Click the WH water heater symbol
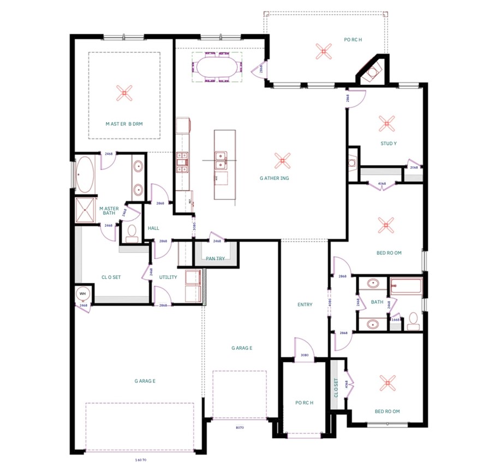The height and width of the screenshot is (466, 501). pyautogui.click(x=83, y=294)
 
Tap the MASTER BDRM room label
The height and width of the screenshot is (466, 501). pyautogui.click(x=124, y=124)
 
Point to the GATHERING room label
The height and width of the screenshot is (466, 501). pyautogui.click(x=282, y=178)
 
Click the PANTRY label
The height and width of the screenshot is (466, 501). pyautogui.click(x=215, y=258)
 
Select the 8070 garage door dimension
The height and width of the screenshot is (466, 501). pyautogui.click(x=239, y=428)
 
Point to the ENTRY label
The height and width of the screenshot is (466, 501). pyautogui.click(x=305, y=305)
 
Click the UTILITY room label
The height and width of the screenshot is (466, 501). pyautogui.click(x=168, y=277)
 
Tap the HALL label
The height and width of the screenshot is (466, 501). pyautogui.click(x=153, y=228)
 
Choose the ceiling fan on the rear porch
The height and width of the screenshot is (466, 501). pyautogui.click(x=323, y=51)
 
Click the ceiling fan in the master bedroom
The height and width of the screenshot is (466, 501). pyautogui.click(x=124, y=94)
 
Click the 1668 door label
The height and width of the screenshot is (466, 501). pyautogui.click(x=396, y=319)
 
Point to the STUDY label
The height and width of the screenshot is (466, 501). pyautogui.click(x=389, y=144)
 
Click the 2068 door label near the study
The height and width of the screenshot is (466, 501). pyautogui.click(x=414, y=167)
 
